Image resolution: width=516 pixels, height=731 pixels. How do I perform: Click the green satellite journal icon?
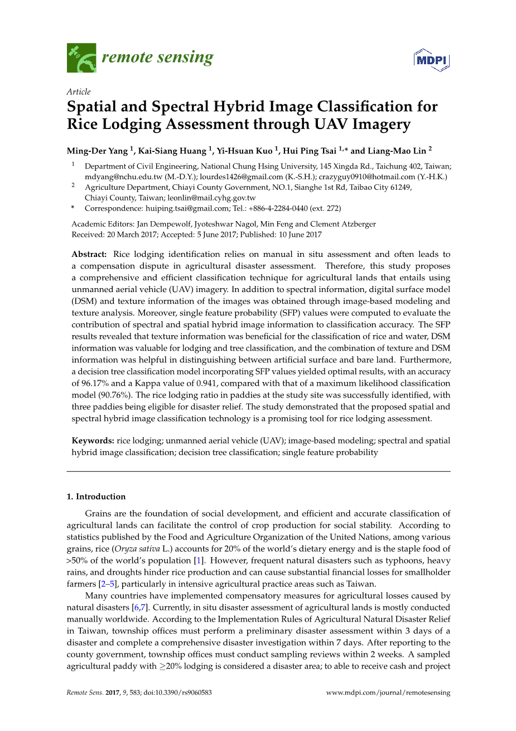[x=81, y=58]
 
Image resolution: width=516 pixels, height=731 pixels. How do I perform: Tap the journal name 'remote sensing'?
[x=157, y=57]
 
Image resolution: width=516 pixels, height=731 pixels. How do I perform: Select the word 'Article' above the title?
[x=78, y=92]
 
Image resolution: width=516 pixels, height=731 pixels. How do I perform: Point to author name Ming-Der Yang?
[x=98, y=150]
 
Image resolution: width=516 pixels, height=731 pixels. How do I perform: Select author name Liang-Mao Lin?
[x=397, y=150]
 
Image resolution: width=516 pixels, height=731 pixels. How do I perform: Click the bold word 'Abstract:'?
[x=89, y=254]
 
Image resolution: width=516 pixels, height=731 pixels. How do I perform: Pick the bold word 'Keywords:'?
[x=93, y=441]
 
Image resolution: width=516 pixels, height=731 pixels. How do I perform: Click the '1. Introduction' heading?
[x=96, y=496]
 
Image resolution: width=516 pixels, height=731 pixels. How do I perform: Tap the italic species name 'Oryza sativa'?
[x=133, y=548]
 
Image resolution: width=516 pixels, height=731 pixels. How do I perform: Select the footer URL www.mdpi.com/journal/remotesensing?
[x=388, y=692]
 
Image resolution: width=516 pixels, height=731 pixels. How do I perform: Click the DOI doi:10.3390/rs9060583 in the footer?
[x=178, y=692]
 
